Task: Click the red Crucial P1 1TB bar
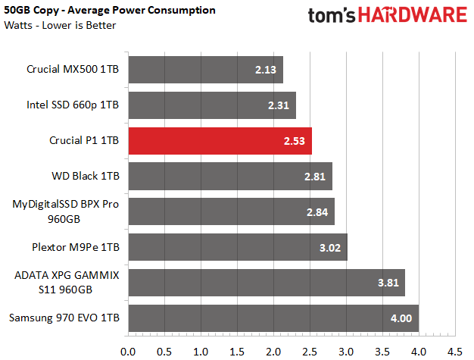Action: tap(220, 141)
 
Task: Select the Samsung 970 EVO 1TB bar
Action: tap(273, 318)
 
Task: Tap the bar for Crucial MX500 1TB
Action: tap(206, 70)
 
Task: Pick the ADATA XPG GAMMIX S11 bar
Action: tap(267, 283)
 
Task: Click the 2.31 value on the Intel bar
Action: tap(279, 105)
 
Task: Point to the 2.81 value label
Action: tap(315, 177)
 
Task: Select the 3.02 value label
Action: tap(330, 248)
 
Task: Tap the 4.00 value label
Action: tap(401, 318)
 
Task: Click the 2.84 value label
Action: tap(317, 212)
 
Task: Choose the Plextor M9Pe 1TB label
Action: tap(76, 248)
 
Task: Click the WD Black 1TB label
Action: tap(86, 176)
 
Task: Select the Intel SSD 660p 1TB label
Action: tap(73, 105)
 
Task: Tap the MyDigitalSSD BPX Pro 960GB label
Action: tap(65, 211)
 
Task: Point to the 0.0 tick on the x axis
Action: tap(128, 352)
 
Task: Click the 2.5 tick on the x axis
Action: tap(310, 352)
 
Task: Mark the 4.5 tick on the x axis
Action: tap(455, 352)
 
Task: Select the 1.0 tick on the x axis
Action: tap(201, 352)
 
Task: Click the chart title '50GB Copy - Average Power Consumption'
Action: tap(110, 11)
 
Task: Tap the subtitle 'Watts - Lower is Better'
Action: tap(60, 25)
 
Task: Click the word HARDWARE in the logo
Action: tap(413, 15)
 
